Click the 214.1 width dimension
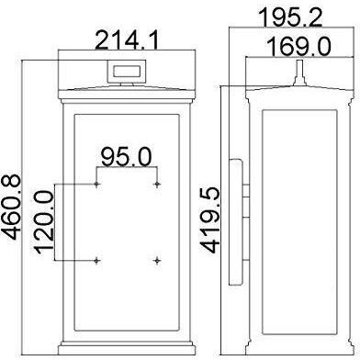(127, 41)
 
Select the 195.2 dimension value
(290, 18)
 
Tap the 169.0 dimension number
(298, 47)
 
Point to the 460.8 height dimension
(12, 207)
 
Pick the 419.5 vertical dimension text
(210, 220)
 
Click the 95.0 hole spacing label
(127, 157)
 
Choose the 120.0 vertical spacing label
(45, 222)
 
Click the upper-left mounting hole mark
(96, 185)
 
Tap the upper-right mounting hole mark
(157, 185)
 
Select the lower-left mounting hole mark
(96, 261)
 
